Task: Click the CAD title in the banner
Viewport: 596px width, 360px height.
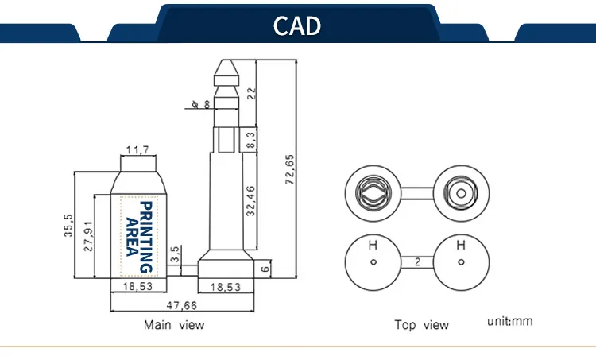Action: (297, 25)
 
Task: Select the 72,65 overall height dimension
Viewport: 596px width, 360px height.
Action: (289, 169)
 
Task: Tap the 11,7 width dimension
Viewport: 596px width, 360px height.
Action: (137, 150)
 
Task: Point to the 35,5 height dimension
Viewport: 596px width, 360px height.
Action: (68, 225)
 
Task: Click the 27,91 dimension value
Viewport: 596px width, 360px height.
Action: (88, 236)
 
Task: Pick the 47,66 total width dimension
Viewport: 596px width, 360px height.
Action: (182, 306)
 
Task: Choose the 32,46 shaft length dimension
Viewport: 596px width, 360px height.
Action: (251, 201)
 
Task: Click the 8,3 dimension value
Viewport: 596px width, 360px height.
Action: (251, 140)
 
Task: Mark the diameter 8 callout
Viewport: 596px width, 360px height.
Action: (201, 104)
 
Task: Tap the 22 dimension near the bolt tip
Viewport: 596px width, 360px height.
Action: (252, 94)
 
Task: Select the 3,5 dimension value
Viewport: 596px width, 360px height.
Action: (175, 254)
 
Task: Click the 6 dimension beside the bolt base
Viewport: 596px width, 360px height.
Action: (265, 269)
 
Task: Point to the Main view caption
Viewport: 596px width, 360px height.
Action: (174, 325)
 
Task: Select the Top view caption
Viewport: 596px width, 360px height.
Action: (421, 325)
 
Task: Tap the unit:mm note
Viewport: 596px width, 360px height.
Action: (510, 322)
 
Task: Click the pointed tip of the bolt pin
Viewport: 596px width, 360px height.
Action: (226, 60)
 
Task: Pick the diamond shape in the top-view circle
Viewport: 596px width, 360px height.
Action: (373, 193)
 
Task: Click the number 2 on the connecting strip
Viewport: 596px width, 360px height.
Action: (417, 262)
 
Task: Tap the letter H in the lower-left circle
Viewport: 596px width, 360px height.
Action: (373, 246)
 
